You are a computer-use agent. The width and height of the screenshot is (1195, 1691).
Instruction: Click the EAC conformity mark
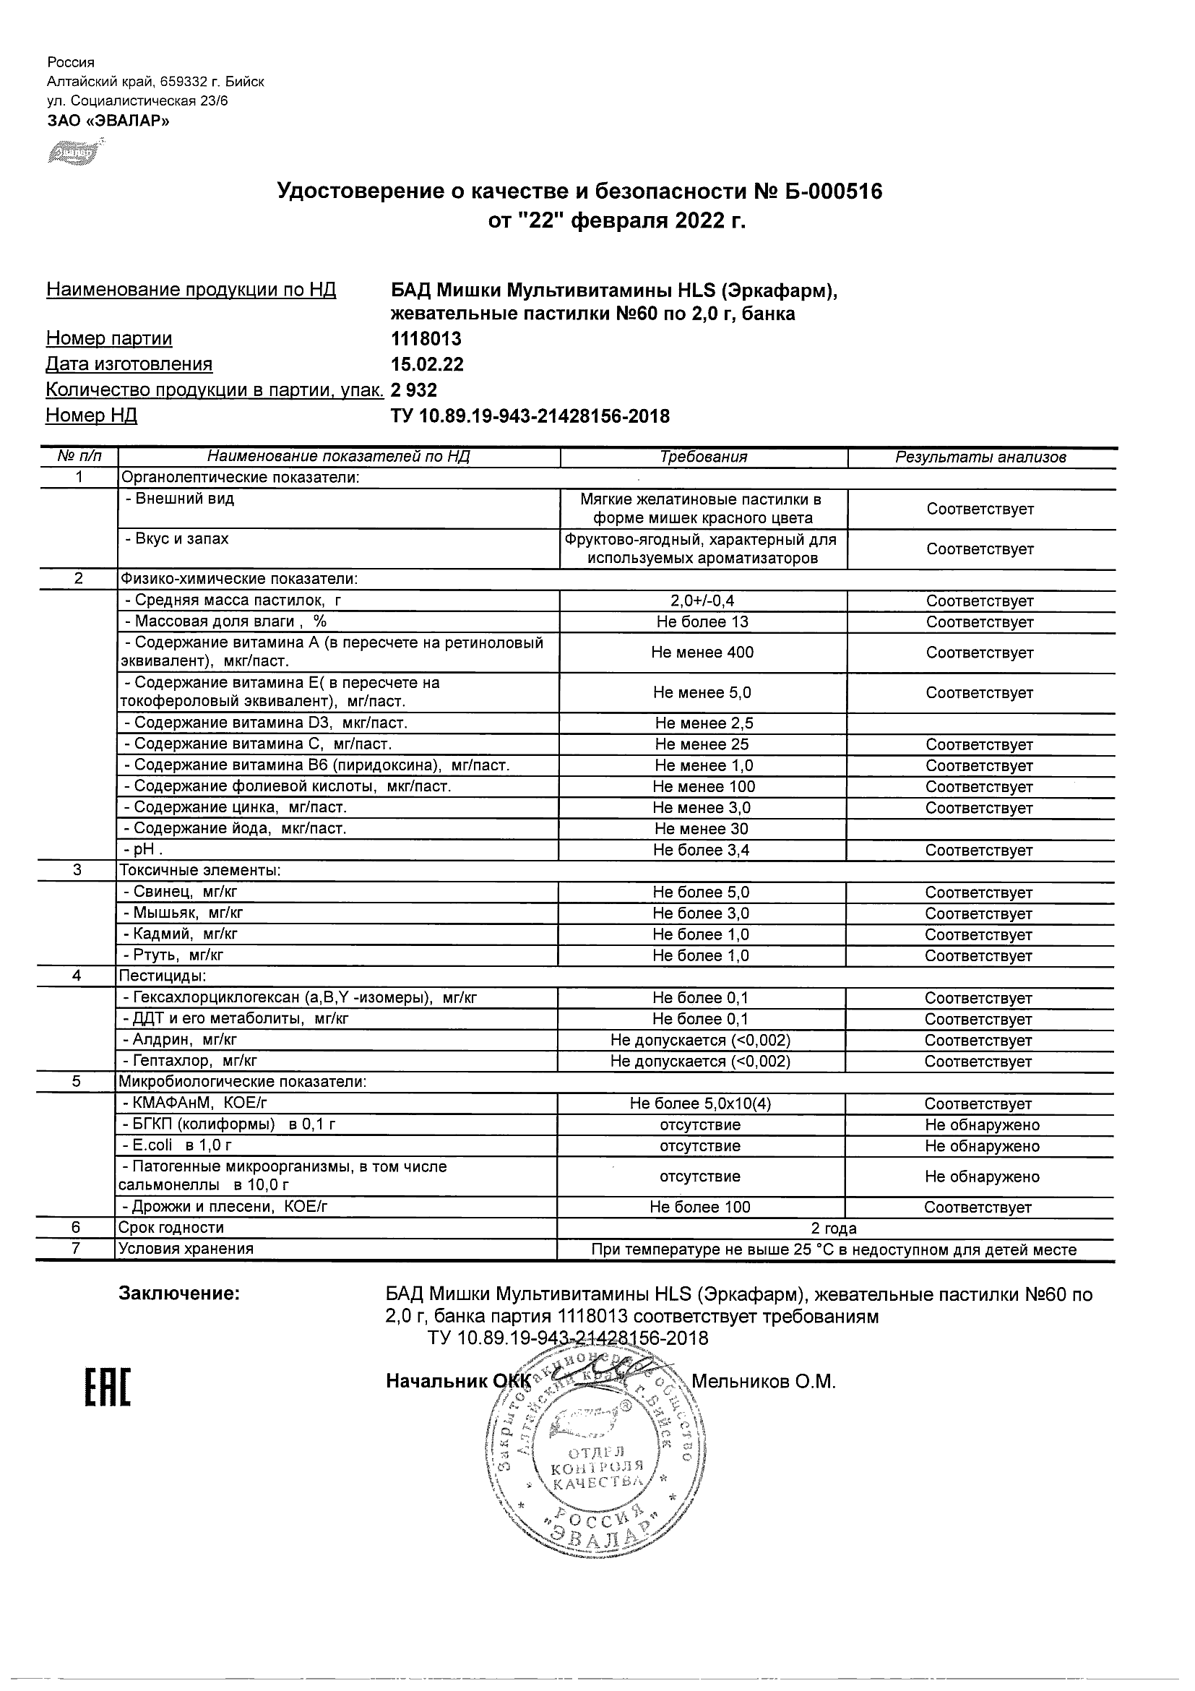[108, 1387]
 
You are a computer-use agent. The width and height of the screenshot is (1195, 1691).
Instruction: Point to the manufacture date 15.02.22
[427, 364]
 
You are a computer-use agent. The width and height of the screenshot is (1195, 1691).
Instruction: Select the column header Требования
[703, 457]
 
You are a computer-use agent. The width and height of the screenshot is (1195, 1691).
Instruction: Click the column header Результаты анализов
[980, 457]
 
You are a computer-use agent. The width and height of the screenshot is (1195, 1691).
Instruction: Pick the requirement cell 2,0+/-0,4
[703, 601]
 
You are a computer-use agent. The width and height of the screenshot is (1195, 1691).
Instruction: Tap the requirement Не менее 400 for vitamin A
[702, 653]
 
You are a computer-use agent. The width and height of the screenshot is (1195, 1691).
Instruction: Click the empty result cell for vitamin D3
[980, 723]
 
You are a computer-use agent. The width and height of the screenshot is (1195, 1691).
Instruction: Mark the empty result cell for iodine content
[980, 830]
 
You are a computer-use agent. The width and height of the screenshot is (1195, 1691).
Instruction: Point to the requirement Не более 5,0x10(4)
[700, 1104]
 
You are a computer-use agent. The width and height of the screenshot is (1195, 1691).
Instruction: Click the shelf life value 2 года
[834, 1229]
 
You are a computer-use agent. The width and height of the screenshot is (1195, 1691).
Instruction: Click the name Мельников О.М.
[764, 1382]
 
